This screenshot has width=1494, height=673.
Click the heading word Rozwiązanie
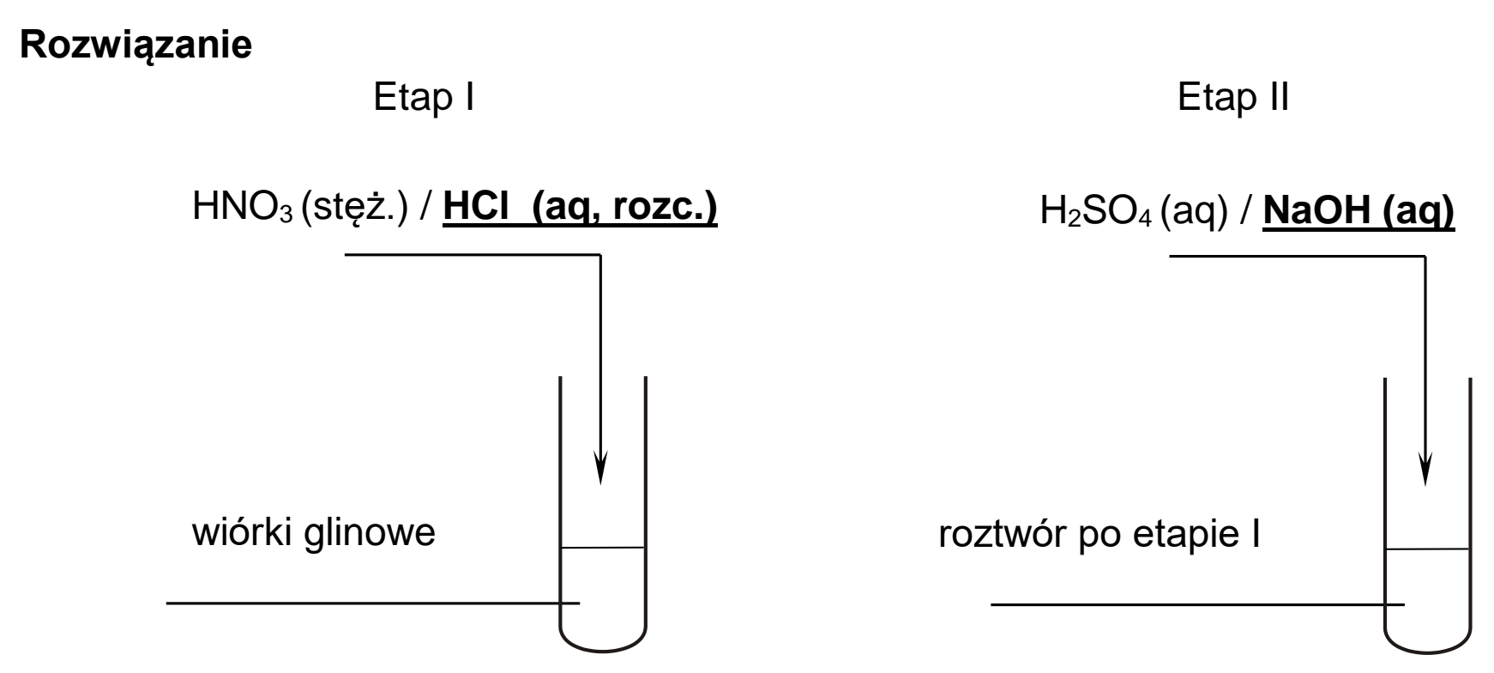coord(136,45)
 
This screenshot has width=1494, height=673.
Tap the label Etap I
coord(424,99)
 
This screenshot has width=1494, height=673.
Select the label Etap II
coord(1233,99)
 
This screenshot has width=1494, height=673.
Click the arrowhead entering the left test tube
coord(600,467)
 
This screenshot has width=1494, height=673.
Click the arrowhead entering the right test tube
coord(1425,467)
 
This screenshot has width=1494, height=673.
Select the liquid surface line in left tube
coord(602,548)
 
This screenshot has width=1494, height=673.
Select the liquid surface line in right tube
coord(1428,548)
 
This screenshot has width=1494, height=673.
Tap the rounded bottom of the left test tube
coord(602,655)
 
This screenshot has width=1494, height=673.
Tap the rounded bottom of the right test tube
coord(1428,655)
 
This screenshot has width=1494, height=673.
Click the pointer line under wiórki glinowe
coord(373,603)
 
